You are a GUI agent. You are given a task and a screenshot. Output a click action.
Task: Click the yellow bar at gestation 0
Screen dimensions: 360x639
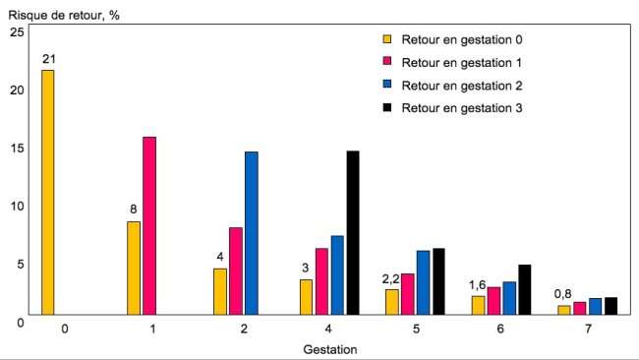tap(48, 193)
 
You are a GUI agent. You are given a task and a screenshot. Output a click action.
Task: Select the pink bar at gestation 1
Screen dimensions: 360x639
tap(149, 226)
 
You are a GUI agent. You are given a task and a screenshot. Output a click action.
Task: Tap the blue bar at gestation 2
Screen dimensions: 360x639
tap(252, 233)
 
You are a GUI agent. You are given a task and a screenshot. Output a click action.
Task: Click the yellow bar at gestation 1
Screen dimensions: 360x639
tap(134, 268)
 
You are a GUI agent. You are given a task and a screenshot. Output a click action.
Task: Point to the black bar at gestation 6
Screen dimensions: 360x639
tap(525, 289)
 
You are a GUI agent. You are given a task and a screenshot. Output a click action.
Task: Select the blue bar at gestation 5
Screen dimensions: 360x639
tap(424, 282)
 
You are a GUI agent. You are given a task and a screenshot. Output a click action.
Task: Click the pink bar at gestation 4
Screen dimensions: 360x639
tap(321, 281)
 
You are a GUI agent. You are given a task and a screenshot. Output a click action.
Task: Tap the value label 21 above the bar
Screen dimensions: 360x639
tap(48, 59)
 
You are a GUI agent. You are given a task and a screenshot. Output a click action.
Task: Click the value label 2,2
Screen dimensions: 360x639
tap(392, 278)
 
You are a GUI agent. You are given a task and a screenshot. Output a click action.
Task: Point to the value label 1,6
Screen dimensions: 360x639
tap(478, 285)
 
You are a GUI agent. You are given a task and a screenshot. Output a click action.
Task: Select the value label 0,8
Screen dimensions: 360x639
tap(564, 294)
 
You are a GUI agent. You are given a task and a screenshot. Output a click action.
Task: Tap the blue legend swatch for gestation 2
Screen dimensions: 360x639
tap(387, 85)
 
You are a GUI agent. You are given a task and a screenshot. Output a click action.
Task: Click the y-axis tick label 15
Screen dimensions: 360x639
tap(16, 148)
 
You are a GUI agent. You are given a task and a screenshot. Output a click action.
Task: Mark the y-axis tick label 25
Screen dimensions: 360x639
tap(16, 32)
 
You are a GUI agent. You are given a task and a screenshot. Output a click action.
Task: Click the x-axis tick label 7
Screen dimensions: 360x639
tap(588, 329)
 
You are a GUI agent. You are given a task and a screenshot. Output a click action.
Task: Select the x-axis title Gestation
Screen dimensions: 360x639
tap(329, 348)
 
